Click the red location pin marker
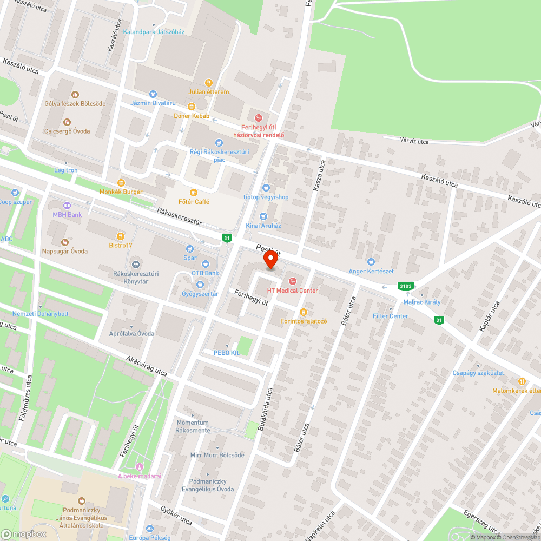point(271,261)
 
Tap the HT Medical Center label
point(292,291)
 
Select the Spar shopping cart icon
point(189,248)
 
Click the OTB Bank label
point(206,273)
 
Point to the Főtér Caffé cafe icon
point(193,192)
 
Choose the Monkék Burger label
point(121,192)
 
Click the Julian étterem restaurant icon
point(209,82)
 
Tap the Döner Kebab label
point(192,116)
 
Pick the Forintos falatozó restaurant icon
point(303,312)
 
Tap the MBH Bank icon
point(67,206)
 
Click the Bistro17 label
point(121,246)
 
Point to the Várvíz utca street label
point(414,142)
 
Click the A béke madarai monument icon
point(140,467)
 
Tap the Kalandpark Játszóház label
point(154,32)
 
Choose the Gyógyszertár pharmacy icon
point(200,284)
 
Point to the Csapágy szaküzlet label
point(478,373)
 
